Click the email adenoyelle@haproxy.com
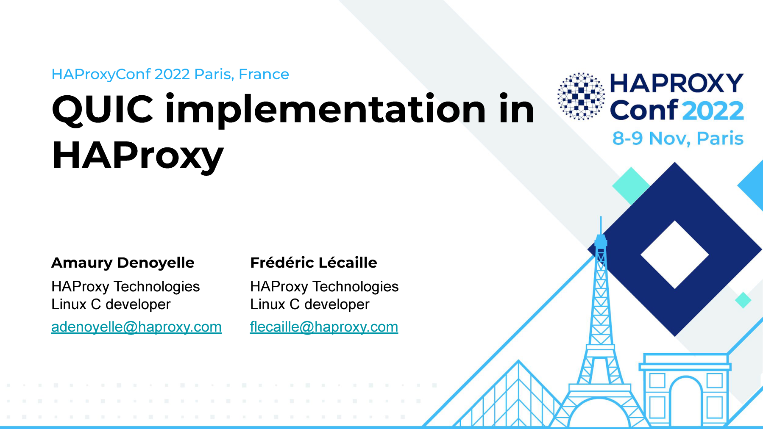click(136, 327)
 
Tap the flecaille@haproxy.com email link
click(324, 327)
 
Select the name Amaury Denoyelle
click(123, 263)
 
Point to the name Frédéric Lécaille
click(314, 263)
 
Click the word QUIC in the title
click(103, 110)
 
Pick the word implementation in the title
click(326, 109)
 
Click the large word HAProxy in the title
click(138, 156)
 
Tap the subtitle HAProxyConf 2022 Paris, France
click(170, 75)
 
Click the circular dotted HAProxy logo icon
click(581, 96)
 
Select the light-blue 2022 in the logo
click(713, 111)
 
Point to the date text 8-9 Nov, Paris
click(678, 138)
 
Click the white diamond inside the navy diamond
click(675, 255)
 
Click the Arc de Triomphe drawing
click(685, 390)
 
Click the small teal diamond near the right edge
click(743, 300)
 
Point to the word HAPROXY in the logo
click(677, 83)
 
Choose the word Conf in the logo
click(644, 111)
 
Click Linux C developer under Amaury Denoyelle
click(111, 304)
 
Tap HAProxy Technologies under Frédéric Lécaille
click(324, 287)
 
